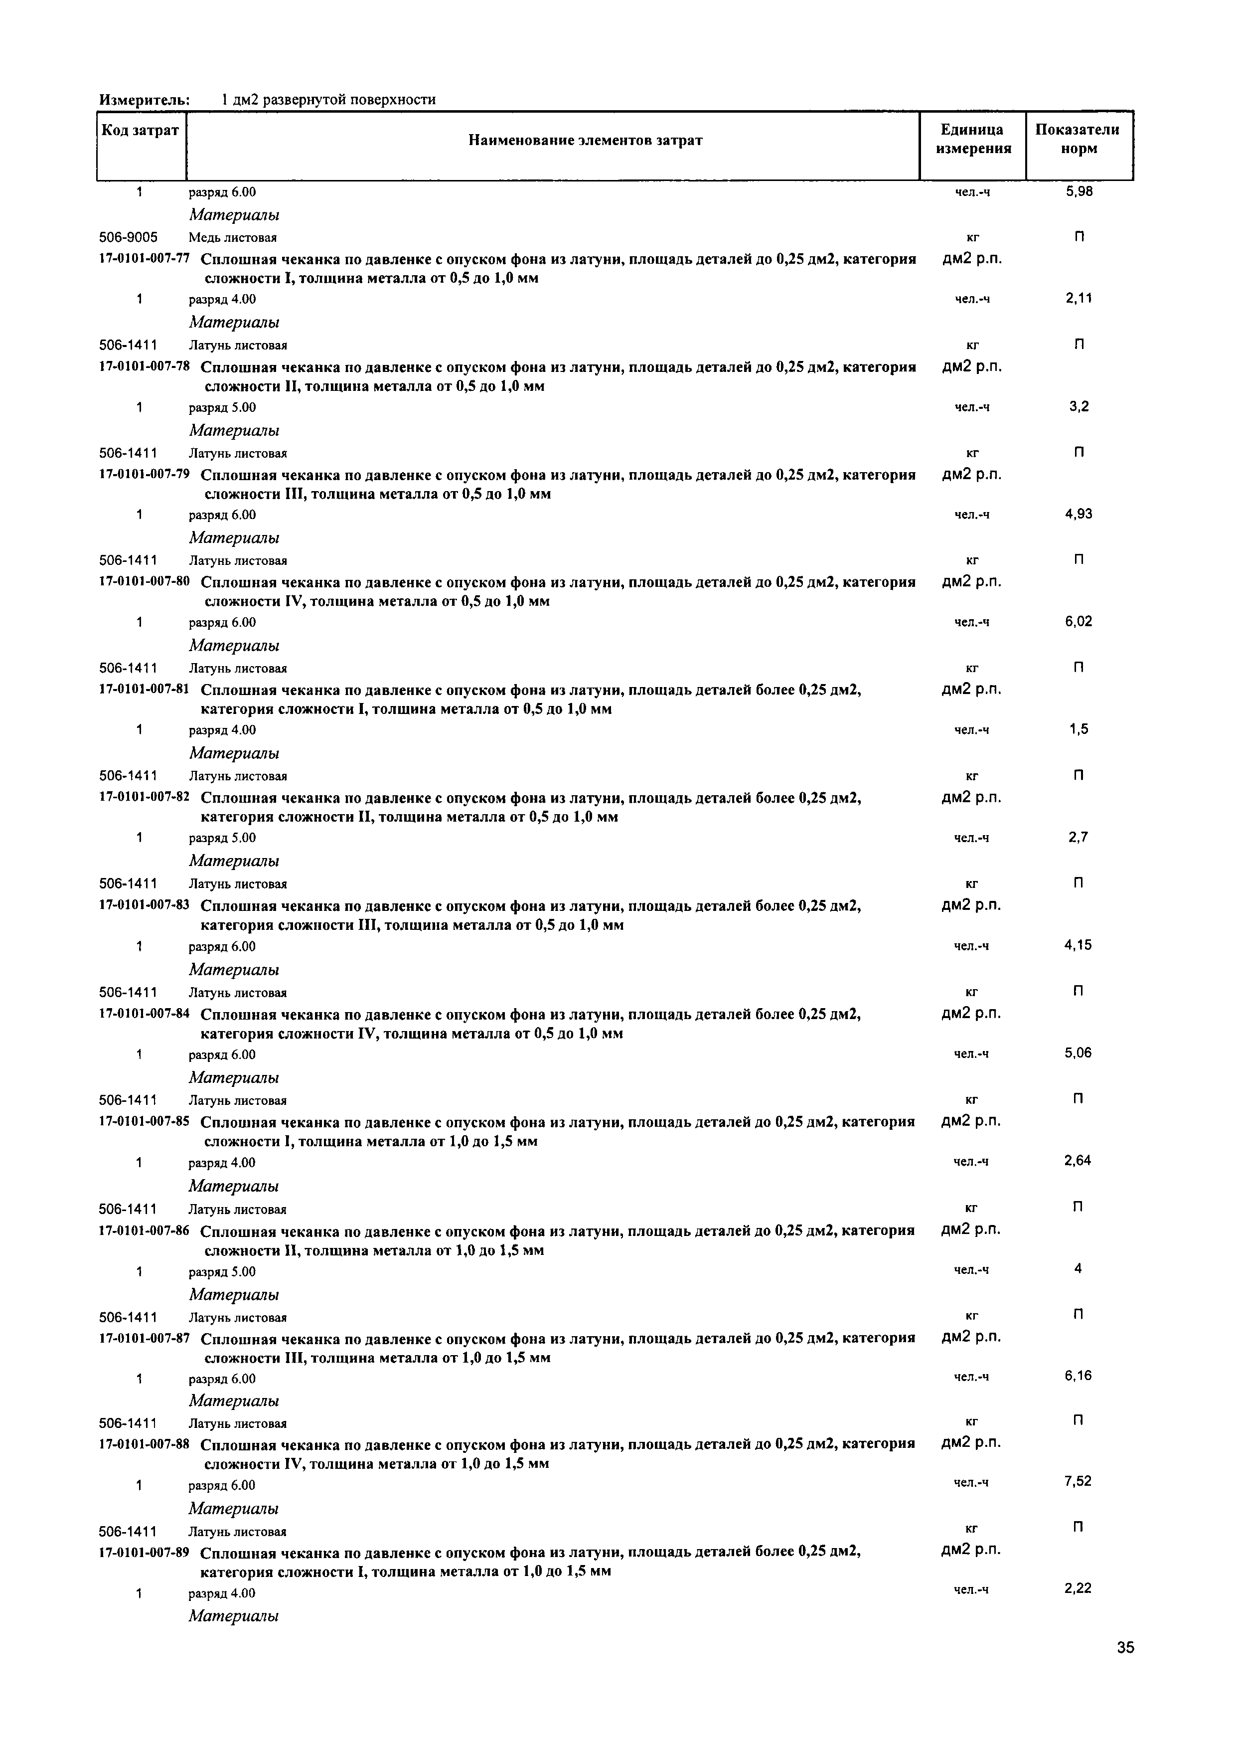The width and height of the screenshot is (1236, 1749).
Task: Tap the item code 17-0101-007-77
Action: [144, 258]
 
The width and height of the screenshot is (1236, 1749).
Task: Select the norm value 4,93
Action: [1079, 514]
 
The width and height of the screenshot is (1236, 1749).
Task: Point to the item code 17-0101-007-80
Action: [144, 582]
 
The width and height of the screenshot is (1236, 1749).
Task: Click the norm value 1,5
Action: [1079, 729]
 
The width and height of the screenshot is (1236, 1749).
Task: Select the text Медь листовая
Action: [233, 238]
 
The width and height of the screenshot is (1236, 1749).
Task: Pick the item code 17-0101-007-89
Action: [144, 1552]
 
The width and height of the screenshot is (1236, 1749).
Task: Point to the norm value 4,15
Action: [1079, 945]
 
